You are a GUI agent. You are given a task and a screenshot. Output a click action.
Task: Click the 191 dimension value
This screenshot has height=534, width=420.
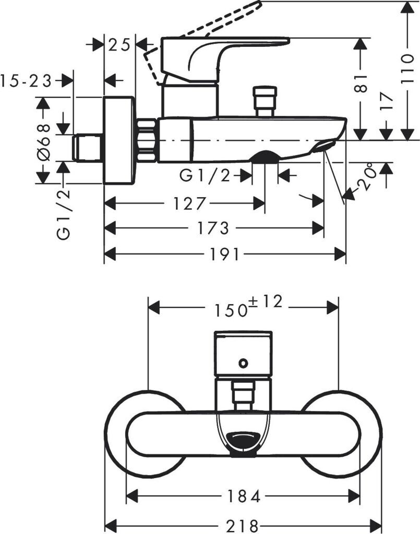coord(225,254)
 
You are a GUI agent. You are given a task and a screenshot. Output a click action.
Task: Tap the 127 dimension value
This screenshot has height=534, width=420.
coord(190,204)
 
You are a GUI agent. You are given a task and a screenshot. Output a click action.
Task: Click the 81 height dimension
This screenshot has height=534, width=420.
coord(361,83)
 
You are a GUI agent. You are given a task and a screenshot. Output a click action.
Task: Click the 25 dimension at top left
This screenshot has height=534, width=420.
coord(119,45)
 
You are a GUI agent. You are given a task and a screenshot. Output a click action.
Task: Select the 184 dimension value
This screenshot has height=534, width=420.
coord(243,496)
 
